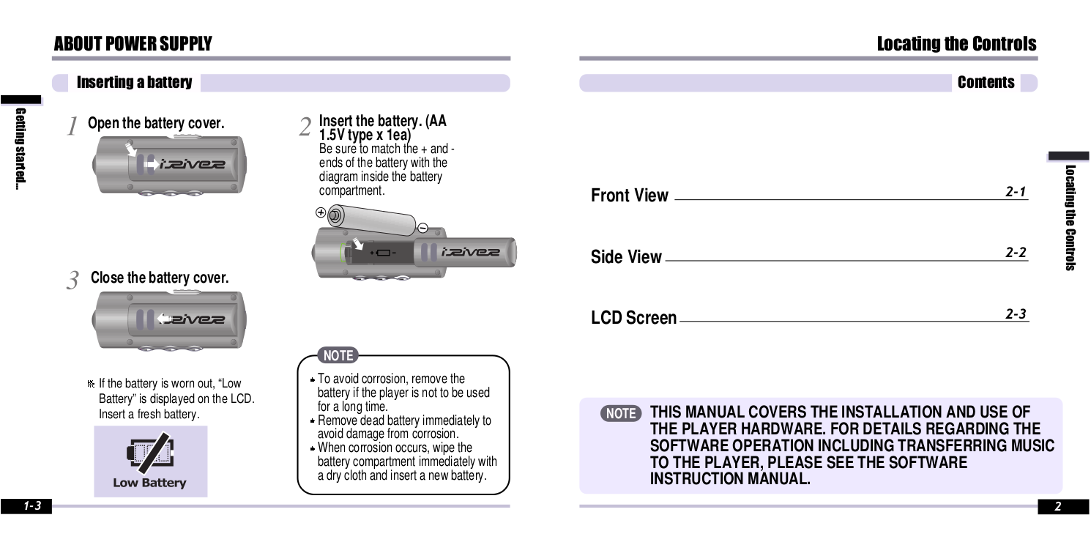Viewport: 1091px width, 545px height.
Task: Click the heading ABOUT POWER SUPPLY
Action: click(x=133, y=44)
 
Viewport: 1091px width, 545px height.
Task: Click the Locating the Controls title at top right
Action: click(x=956, y=44)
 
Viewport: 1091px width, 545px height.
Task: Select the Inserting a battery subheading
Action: click(x=134, y=83)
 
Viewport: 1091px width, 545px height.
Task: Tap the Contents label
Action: click(x=986, y=83)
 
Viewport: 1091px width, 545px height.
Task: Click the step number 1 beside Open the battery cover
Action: click(x=72, y=127)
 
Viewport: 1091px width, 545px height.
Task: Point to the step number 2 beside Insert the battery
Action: click(x=305, y=127)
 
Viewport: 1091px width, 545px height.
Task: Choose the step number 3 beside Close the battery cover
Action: click(x=72, y=281)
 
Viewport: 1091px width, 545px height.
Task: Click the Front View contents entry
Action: click(x=629, y=196)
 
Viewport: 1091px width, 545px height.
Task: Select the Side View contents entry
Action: click(x=626, y=257)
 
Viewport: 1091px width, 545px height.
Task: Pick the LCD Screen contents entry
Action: click(x=633, y=318)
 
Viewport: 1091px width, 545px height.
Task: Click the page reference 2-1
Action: click(x=1016, y=192)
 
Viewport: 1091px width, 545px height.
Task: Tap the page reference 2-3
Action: click(x=1016, y=314)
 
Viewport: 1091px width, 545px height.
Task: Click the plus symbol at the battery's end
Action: click(x=320, y=212)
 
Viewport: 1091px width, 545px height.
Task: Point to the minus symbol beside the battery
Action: click(x=422, y=227)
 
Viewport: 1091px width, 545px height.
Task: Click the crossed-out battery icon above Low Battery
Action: click(x=149, y=454)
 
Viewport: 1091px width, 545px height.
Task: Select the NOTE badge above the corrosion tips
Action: click(x=338, y=356)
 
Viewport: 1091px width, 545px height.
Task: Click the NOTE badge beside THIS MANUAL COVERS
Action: click(x=621, y=414)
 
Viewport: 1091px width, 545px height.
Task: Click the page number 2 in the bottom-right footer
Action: click(x=1057, y=506)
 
